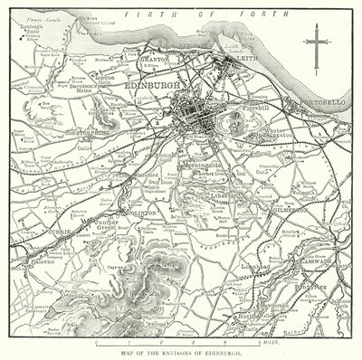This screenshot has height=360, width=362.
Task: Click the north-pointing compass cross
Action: point(318,42)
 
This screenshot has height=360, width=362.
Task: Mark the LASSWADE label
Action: point(318,262)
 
